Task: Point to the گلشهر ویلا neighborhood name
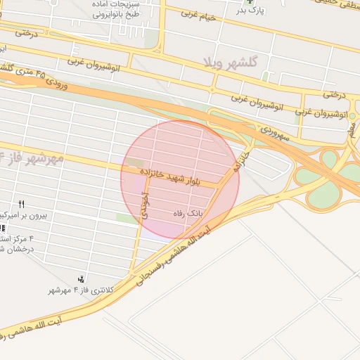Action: pos(232,62)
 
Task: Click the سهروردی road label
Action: pos(275,132)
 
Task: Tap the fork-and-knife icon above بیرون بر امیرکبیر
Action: pos(22,204)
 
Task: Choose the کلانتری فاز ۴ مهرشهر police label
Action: pos(81,290)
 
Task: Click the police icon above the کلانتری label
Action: pos(82,280)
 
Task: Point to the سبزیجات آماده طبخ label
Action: pos(120,8)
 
